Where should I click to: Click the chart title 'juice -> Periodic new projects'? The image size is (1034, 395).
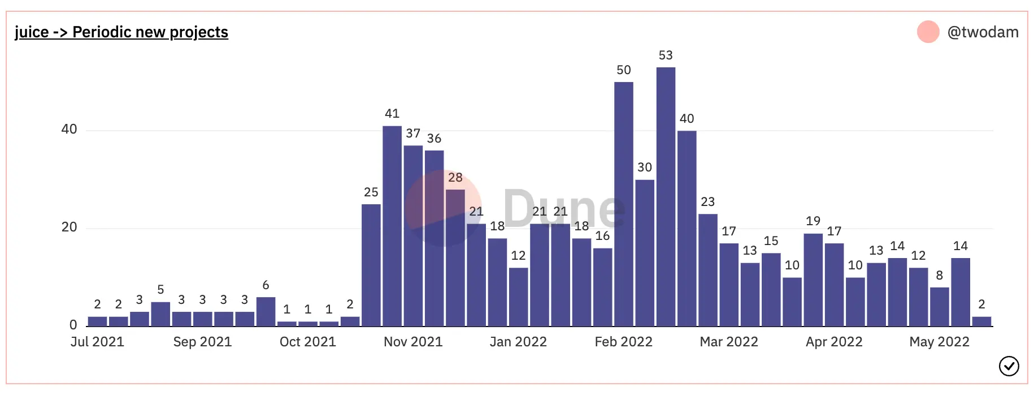coord(121,32)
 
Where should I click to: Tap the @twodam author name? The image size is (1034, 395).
coord(983,32)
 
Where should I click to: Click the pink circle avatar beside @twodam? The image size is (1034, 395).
coord(928,32)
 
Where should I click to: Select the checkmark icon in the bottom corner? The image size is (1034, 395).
coord(1009,366)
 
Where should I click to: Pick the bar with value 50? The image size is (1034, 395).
coord(624,204)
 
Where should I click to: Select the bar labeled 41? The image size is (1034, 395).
coord(392,226)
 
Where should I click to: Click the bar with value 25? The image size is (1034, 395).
coord(371,265)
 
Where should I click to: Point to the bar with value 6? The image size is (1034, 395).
coord(266,312)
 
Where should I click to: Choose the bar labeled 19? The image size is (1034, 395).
coord(813,280)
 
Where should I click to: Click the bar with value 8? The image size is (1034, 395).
coord(940,307)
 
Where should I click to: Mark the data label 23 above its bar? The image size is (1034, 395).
coord(708,202)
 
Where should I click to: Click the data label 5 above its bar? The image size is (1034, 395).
coord(160,290)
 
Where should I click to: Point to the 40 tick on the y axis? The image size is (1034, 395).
coord(69,130)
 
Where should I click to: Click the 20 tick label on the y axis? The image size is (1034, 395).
coord(69,227)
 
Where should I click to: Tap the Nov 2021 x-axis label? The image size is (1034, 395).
coord(413,342)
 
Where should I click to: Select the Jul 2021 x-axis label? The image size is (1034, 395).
coord(97,342)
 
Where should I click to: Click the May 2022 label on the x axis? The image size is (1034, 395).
coord(939,342)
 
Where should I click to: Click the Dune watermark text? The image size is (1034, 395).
coord(564,208)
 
